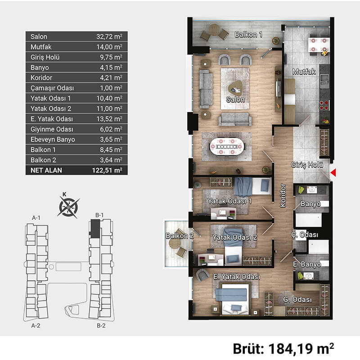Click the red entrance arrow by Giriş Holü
[x=333, y=172]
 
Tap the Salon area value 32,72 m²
[x=109, y=36]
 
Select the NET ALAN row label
[x=46, y=171]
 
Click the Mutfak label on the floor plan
[x=304, y=72]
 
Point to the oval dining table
[x=227, y=147]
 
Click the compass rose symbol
[x=68, y=207]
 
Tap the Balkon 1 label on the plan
[x=248, y=35]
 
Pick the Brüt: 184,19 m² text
[x=283, y=348]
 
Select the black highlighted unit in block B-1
[x=94, y=229]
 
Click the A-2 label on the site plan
[x=36, y=325]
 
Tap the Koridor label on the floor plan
[x=283, y=195]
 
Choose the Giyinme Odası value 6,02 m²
[x=111, y=129]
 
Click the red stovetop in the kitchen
[x=324, y=105]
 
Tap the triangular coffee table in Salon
[x=235, y=88]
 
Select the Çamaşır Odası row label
[x=52, y=88]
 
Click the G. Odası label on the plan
[x=297, y=299]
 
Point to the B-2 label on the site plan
[x=101, y=325]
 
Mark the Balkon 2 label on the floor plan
[x=180, y=236]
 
